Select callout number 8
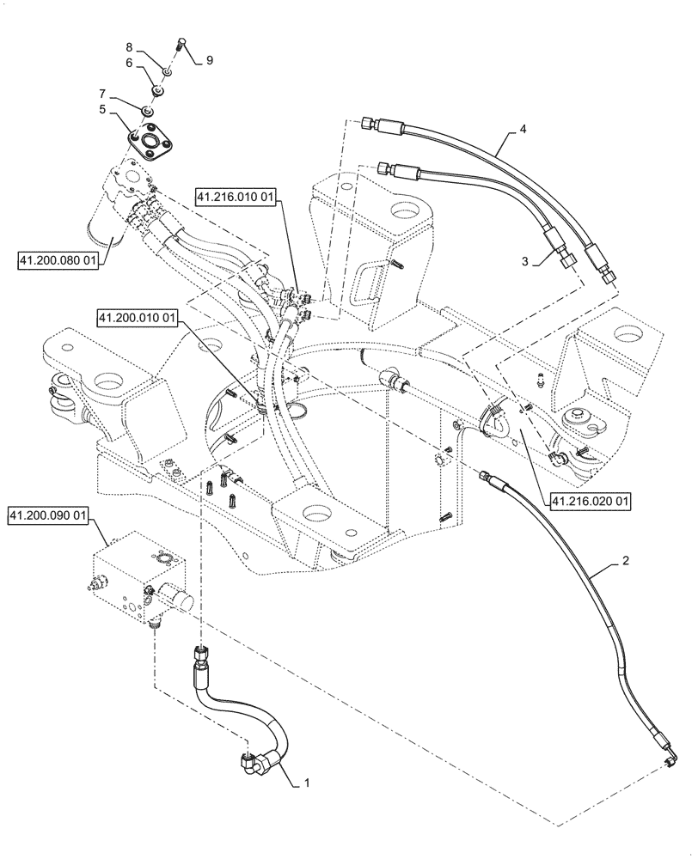click(129, 46)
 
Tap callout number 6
click(129, 63)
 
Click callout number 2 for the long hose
click(626, 561)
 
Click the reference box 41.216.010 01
click(236, 198)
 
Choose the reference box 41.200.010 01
click(138, 319)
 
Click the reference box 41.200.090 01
click(49, 516)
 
